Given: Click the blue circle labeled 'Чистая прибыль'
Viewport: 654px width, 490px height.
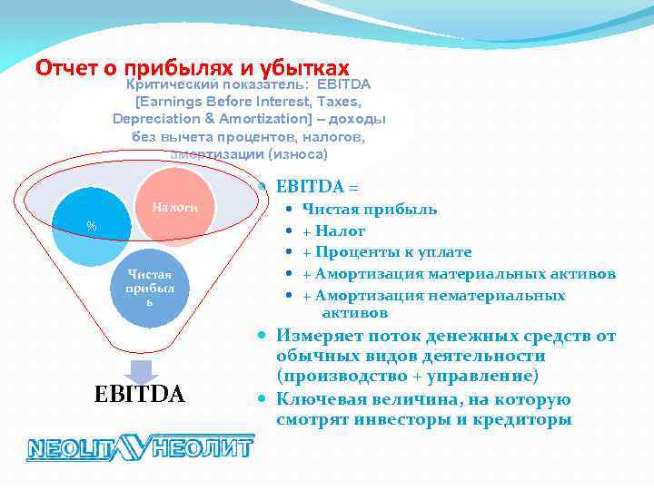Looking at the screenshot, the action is click(x=148, y=287).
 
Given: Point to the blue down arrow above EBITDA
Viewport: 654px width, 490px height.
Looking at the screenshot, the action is click(x=142, y=371).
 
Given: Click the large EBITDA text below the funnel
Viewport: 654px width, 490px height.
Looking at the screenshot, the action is click(x=140, y=396).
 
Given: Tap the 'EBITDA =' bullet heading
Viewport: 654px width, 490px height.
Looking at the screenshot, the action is click(x=318, y=187).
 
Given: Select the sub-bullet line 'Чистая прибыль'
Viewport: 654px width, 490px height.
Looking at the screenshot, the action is click(x=369, y=210).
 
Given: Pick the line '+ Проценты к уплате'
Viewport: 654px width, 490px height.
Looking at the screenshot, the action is click(x=386, y=252).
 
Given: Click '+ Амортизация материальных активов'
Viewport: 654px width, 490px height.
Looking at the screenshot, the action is click(x=459, y=273).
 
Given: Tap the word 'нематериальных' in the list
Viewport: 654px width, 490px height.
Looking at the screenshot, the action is click(x=510, y=295).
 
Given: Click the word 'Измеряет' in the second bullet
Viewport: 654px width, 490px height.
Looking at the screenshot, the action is click(x=314, y=337).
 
